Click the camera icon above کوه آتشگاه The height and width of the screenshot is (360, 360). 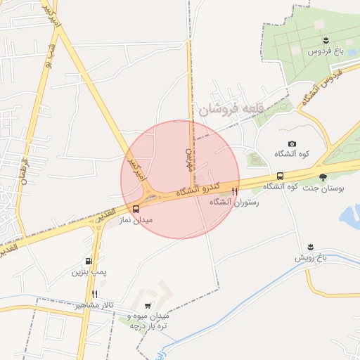(292, 144)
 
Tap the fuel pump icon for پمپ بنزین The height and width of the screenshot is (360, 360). (89, 261)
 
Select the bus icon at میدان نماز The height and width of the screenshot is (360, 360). (136, 208)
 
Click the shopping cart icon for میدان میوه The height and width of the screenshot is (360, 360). (147, 306)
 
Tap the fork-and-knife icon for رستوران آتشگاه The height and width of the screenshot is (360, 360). (235, 191)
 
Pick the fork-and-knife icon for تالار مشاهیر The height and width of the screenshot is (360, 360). (94, 295)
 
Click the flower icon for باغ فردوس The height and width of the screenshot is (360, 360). (326, 41)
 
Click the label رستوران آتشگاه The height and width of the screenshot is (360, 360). (234, 202)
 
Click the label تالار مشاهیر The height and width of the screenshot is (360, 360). (94, 306)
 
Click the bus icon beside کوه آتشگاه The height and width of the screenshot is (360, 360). (280, 176)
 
